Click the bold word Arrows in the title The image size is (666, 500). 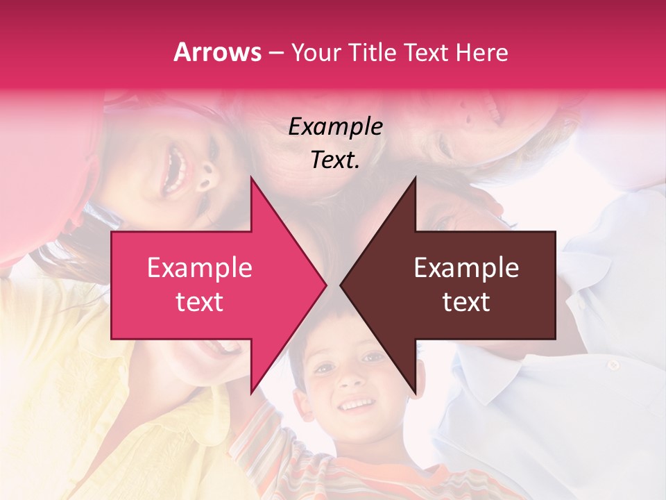(x=218, y=52)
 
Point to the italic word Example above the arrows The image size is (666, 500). (x=335, y=127)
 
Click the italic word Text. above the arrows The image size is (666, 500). (x=335, y=160)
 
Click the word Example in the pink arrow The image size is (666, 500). (x=199, y=268)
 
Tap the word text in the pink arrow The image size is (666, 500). (x=199, y=302)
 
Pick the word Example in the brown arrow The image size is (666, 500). (x=466, y=268)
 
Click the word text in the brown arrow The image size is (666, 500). (x=466, y=302)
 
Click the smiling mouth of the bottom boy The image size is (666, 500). (x=357, y=404)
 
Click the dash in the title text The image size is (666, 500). (x=276, y=53)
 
